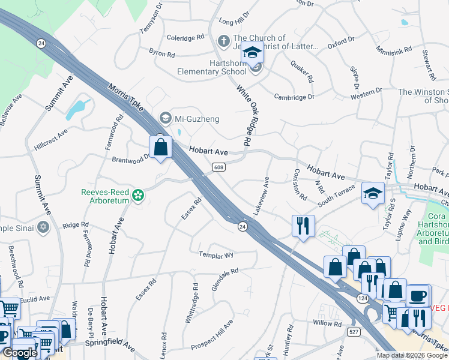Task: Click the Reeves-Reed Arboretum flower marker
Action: click(x=138, y=195)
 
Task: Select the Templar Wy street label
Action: click(x=216, y=254)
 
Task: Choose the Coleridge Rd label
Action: click(x=185, y=37)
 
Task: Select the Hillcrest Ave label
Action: click(x=51, y=139)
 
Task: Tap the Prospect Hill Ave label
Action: click(x=212, y=337)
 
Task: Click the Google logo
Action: click(x=19, y=353)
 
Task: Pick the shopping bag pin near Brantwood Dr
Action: click(x=161, y=147)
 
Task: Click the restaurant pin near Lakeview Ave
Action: click(x=302, y=226)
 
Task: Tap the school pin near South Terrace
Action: click(x=373, y=193)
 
